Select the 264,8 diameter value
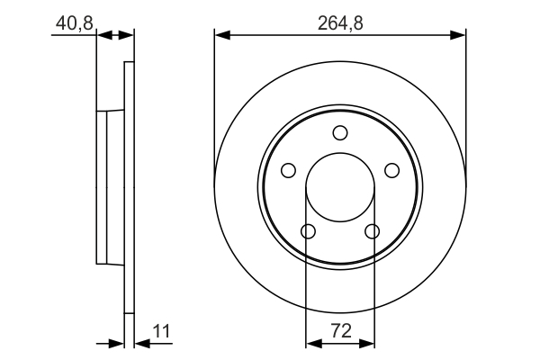click(x=340, y=23)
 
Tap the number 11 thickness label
click(x=161, y=331)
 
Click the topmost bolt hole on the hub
click(x=340, y=133)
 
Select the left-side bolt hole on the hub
click(x=288, y=170)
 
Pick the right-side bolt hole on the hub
click(x=391, y=170)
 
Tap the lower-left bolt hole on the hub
click(x=308, y=232)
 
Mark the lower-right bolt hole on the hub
click(x=373, y=232)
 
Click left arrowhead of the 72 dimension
click(x=313, y=342)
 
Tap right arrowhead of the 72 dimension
click(x=367, y=342)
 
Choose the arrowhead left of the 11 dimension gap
click(x=117, y=342)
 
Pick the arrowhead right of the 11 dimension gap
click(x=139, y=342)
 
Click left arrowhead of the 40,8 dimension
click(x=102, y=35)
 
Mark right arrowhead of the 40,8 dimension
click(x=128, y=35)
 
